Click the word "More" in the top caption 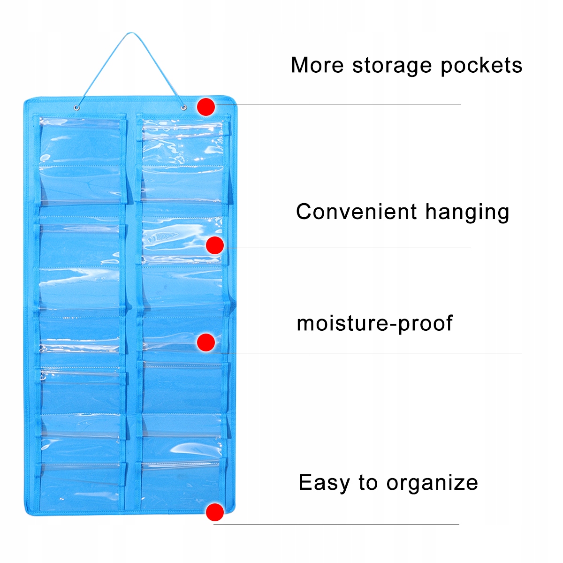pos(317,65)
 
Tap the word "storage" pos(392,66)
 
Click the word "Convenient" pos(357,212)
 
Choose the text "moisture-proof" pos(375,324)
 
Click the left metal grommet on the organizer pos(76,109)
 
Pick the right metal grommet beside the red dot pos(183,109)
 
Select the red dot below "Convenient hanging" pos(215,245)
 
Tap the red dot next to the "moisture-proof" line pos(206,342)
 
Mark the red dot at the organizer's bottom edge pos(215,512)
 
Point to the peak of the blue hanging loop pos(131,34)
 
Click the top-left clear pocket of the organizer pos(81,141)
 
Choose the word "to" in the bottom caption pos(368,483)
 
